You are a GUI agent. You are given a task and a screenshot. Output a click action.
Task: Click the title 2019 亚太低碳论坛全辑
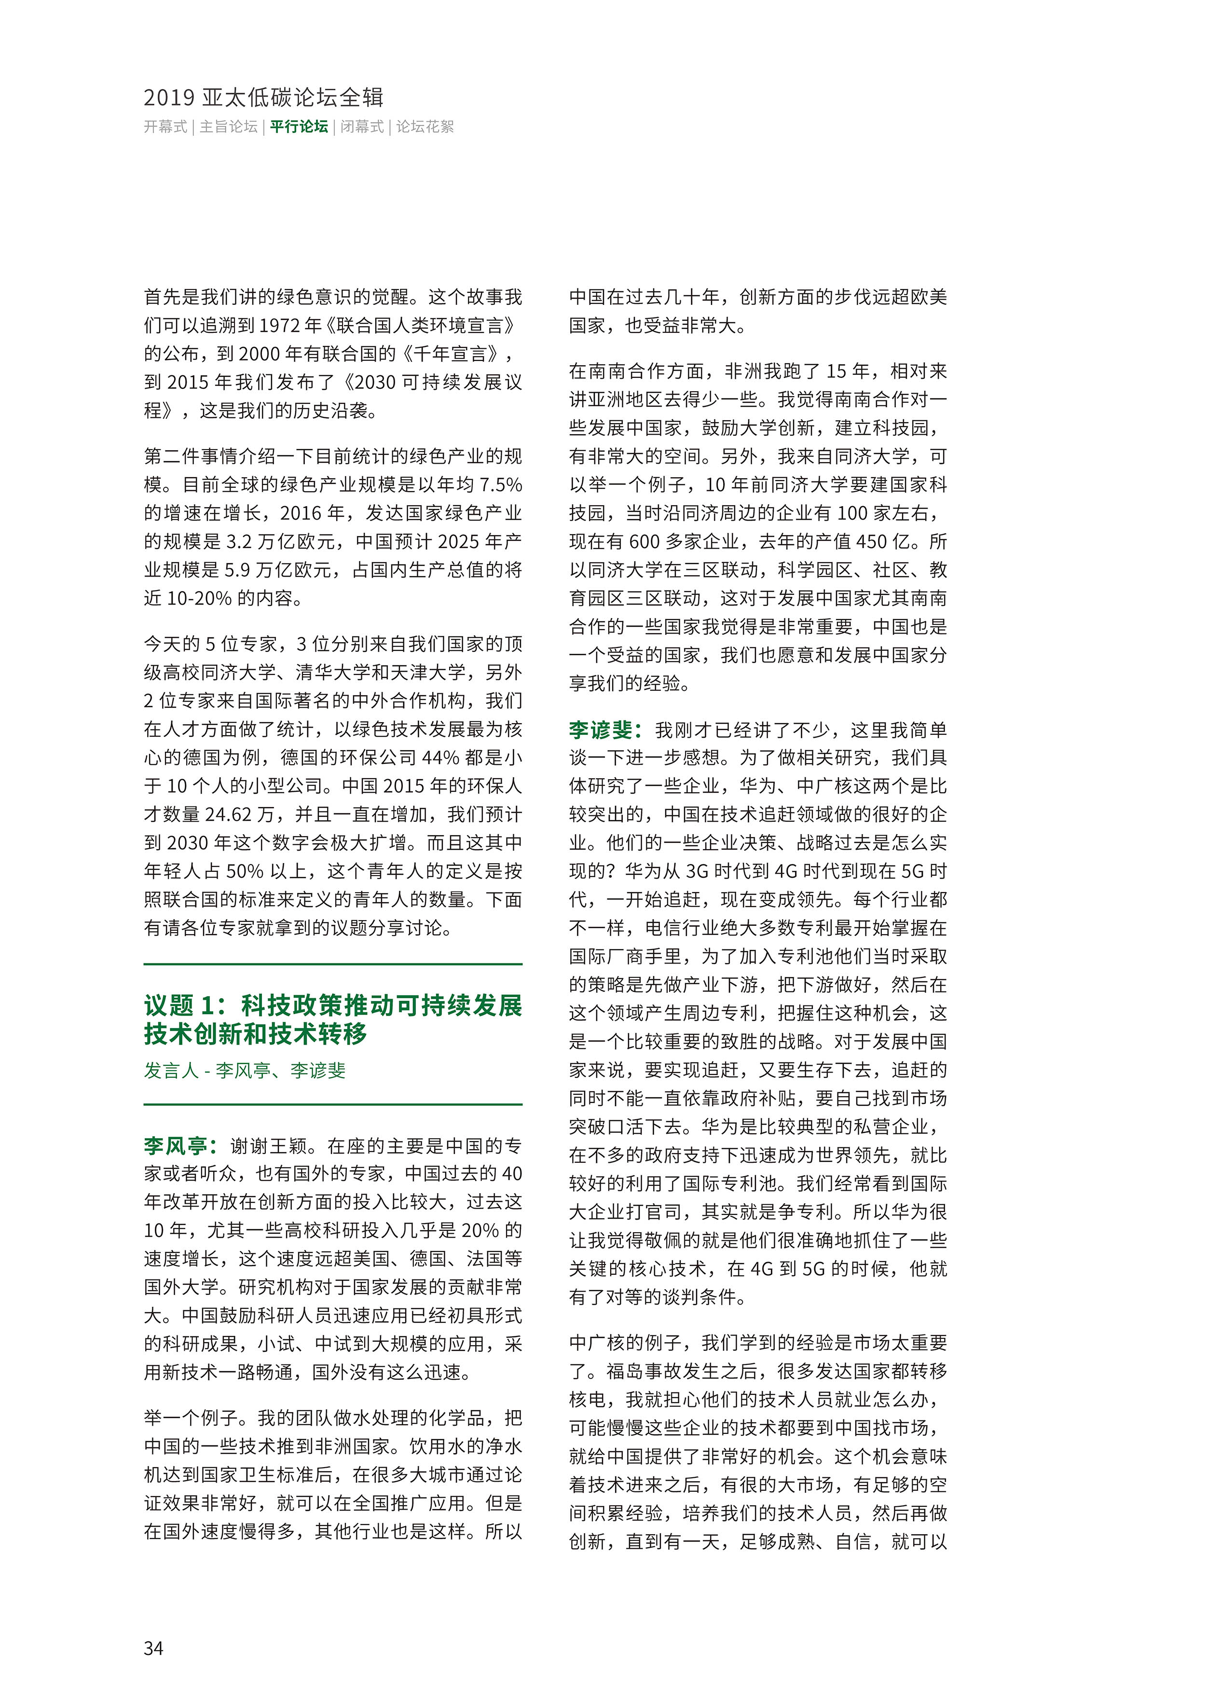coord(264,97)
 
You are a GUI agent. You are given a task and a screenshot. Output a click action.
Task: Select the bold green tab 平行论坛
coord(299,127)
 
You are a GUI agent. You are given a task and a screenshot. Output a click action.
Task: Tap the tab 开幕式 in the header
coord(165,127)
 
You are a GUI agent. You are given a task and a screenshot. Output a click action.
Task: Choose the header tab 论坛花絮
coord(425,127)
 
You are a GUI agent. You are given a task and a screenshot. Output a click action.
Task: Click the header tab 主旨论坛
coord(228,127)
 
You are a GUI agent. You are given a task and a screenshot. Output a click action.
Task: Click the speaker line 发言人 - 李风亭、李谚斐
coord(245,1071)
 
